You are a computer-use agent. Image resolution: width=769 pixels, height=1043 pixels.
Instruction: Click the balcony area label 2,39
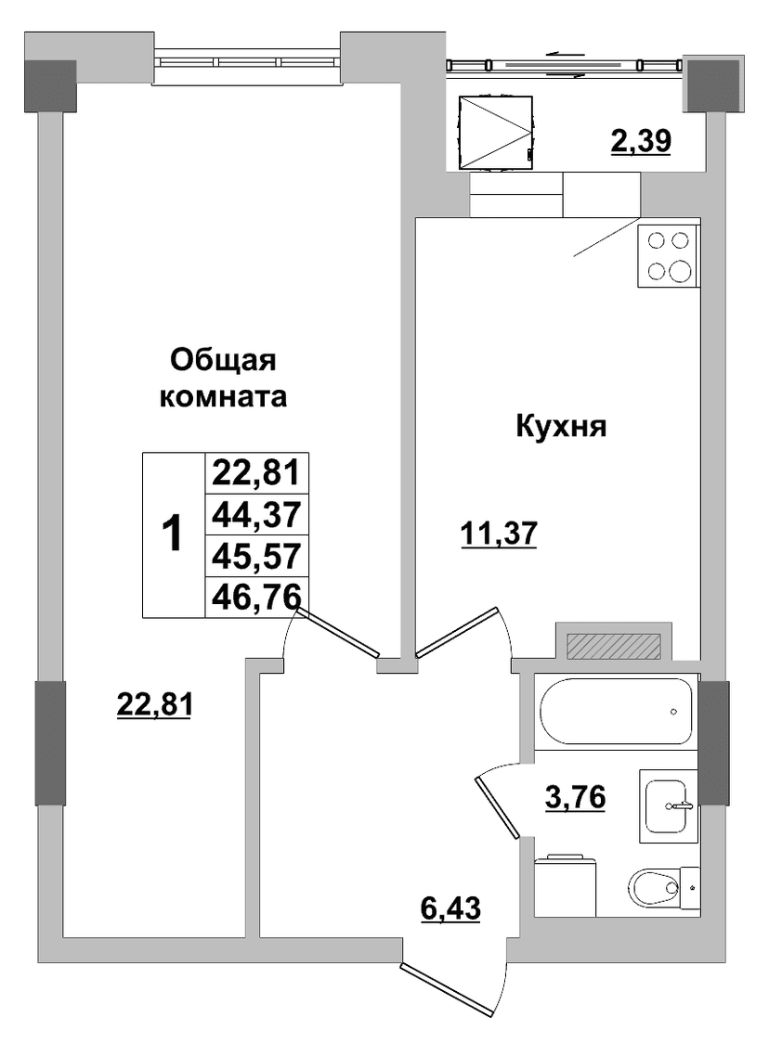tap(641, 142)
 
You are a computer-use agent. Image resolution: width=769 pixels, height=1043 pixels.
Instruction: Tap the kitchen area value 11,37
tap(499, 534)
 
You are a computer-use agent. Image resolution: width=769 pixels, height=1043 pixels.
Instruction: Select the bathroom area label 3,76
tap(575, 796)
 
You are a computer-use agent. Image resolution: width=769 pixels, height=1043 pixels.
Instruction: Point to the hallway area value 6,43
tap(450, 908)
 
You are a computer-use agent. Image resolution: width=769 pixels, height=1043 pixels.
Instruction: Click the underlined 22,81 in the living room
tap(154, 704)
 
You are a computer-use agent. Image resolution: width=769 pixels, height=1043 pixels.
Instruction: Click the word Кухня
tap(561, 426)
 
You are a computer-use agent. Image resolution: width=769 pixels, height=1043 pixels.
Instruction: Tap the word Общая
tap(223, 362)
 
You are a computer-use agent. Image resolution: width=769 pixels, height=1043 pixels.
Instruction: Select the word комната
tap(224, 398)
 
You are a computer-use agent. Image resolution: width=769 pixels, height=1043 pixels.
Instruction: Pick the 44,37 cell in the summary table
tap(257, 514)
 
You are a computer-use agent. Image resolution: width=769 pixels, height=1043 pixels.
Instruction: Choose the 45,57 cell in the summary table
tap(257, 556)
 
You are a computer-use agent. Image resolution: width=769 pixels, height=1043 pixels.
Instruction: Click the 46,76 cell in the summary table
tap(257, 596)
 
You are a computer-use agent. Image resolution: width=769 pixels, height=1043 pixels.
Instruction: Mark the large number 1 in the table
tap(173, 534)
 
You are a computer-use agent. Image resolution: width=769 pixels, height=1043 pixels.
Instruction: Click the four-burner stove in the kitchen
tap(669, 256)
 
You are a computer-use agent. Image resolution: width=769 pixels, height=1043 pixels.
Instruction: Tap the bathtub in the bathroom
tap(616, 712)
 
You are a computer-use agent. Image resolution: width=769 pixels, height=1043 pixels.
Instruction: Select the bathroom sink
tap(668, 805)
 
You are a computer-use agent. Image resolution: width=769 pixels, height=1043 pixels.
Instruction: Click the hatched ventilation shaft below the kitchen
tap(614, 645)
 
